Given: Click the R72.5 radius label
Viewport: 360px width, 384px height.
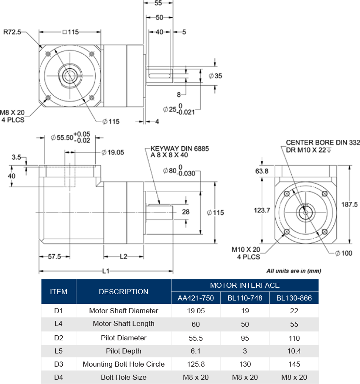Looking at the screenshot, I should (x=13, y=32).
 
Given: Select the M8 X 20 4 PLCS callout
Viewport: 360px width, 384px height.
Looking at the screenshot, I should (x=13, y=116).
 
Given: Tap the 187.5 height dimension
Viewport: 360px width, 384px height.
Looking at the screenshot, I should (x=349, y=205).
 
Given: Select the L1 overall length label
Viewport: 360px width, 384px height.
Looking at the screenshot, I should (x=106, y=271).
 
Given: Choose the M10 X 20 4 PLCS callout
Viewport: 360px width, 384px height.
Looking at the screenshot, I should (x=246, y=253).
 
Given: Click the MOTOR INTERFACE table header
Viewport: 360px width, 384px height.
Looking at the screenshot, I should (x=245, y=285).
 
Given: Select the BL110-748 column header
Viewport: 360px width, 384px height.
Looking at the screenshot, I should (x=245, y=298).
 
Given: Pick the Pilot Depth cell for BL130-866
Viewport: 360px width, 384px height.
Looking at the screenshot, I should (x=294, y=351).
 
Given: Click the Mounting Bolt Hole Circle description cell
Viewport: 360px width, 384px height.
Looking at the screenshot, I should (x=124, y=364).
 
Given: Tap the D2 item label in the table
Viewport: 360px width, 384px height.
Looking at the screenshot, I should (x=58, y=338).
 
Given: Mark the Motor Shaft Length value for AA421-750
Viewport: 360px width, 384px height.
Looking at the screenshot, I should (x=196, y=324).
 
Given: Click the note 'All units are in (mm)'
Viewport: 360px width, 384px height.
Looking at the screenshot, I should (x=294, y=271).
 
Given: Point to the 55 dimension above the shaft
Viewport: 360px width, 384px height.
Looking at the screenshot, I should (x=158, y=3).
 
